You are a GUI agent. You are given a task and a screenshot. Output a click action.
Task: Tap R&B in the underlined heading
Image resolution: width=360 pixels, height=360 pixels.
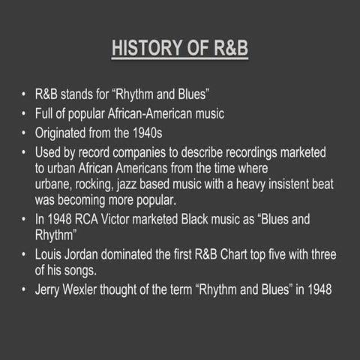(x=228, y=49)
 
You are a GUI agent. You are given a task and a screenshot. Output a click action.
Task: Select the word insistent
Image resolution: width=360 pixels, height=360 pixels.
(x=286, y=184)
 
